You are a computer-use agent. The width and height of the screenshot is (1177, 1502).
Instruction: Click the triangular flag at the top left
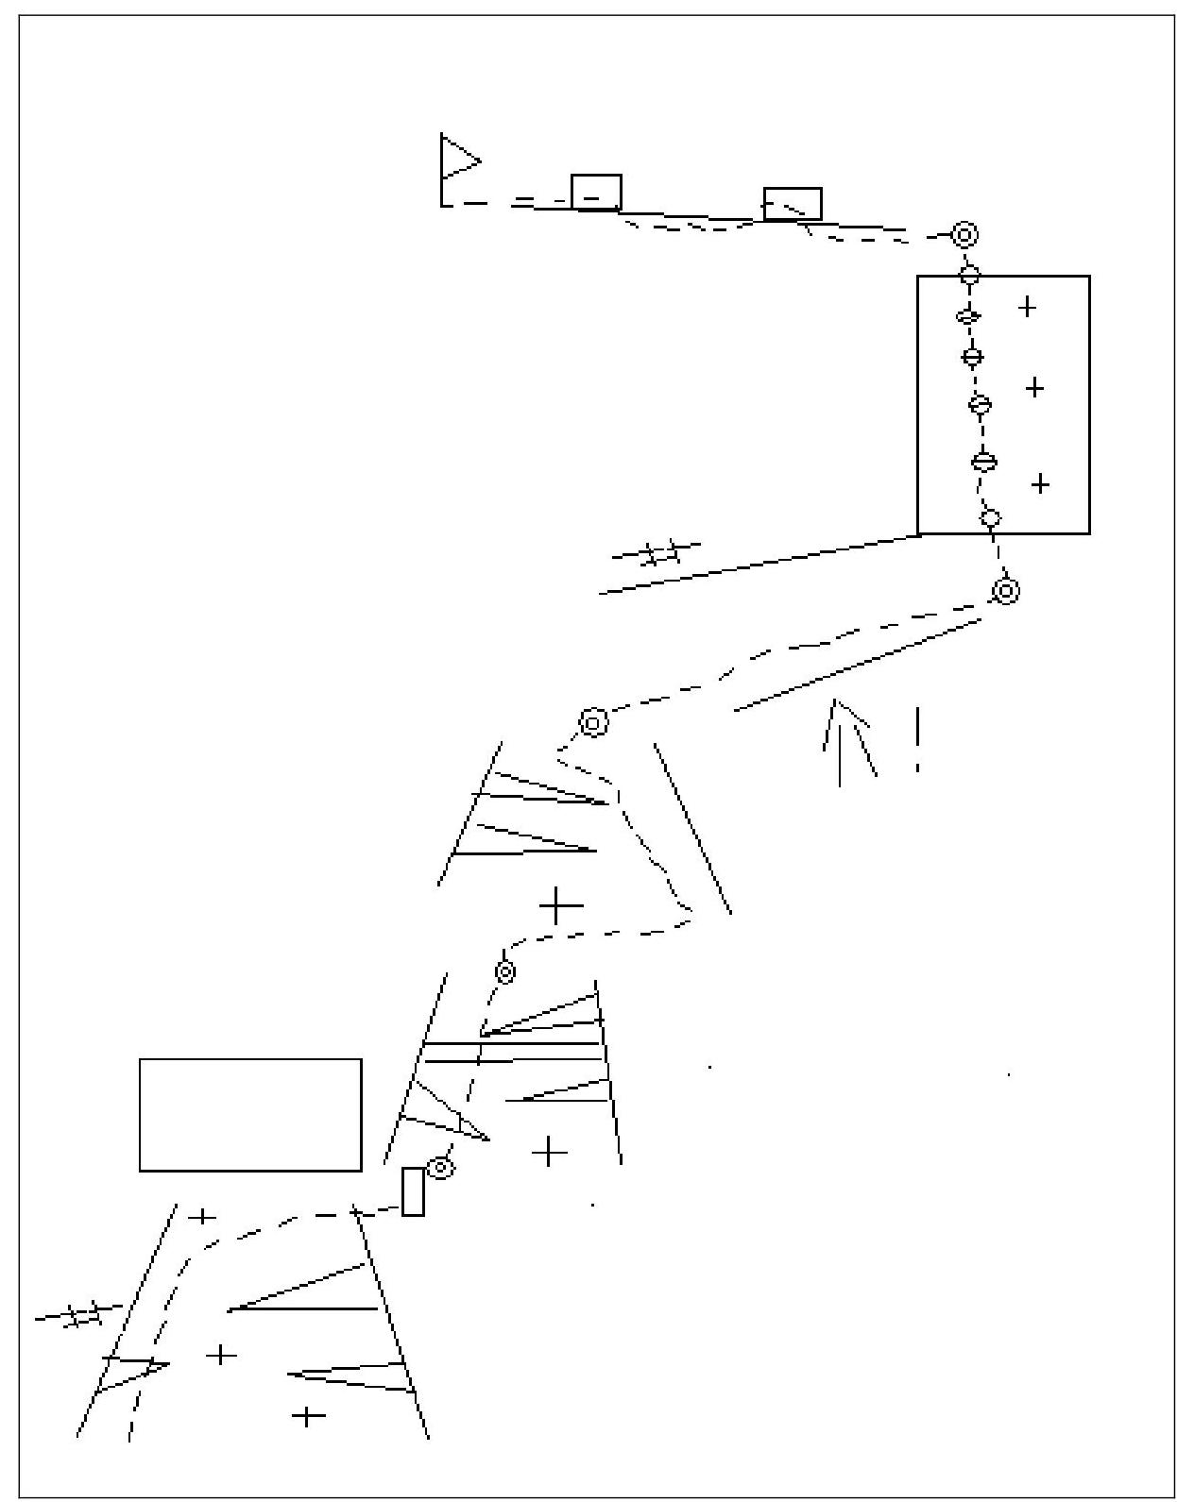coord(457,160)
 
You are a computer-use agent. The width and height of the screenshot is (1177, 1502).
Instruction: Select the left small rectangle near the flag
coord(596,192)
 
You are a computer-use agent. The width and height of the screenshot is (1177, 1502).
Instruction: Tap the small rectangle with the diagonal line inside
coord(792,204)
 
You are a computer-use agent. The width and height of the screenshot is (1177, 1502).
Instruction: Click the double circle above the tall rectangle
coord(964,233)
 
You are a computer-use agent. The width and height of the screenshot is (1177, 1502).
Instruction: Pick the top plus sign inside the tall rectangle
coord(1027,306)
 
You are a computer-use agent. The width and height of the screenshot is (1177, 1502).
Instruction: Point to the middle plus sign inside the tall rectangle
coord(1034,387)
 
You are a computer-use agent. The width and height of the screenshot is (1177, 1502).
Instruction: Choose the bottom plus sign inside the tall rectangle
coord(1040,483)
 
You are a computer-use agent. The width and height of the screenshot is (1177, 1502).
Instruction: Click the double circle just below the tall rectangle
coord(1006,591)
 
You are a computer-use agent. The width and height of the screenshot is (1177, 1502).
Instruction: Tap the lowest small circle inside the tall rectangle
coord(990,517)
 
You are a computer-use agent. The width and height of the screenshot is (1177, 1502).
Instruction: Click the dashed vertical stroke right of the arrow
coord(916,739)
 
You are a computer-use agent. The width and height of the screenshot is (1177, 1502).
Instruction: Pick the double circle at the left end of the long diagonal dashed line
coord(592,723)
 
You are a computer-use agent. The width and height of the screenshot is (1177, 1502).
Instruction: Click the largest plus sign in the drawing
coord(561,906)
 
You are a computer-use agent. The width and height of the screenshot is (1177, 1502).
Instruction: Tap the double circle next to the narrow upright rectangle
coord(440,1167)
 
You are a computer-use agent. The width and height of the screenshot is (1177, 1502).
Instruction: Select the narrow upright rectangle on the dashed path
coord(413,1190)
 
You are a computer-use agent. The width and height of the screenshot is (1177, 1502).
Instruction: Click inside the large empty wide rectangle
coord(250,1115)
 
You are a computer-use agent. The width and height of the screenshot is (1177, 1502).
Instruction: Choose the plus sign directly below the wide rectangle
coord(202,1216)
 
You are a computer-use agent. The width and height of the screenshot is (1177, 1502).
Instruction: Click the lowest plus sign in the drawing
coord(308,1416)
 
